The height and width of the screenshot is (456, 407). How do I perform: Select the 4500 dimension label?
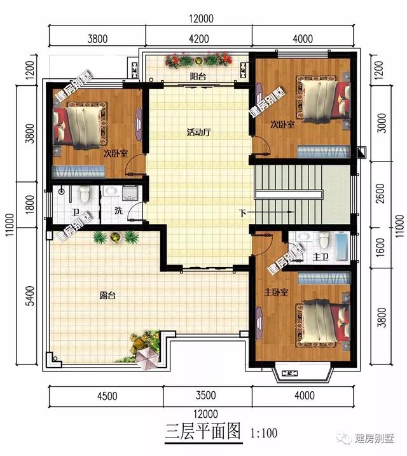(x=106, y=396)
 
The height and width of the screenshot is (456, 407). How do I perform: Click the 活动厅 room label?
(x=198, y=134)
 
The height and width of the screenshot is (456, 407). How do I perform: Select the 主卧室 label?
(x=276, y=292)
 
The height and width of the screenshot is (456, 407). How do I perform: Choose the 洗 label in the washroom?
(x=118, y=212)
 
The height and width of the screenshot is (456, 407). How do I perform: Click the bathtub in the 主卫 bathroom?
(x=341, y=247)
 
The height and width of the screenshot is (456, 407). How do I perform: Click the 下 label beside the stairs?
(x=242, y=212)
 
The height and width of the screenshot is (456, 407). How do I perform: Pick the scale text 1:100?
(x=264, y=434)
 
